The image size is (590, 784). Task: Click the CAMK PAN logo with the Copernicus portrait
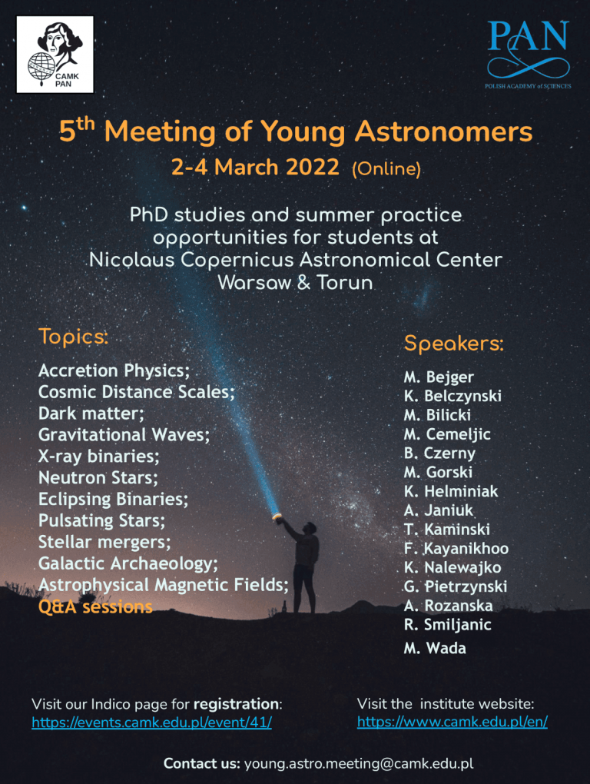pos(55,55)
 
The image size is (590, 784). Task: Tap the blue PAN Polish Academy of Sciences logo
pos(528,55)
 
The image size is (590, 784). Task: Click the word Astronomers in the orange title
pos(443,132)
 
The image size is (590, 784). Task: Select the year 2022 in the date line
pos(312,167)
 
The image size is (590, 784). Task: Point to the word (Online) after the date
pos(386,169)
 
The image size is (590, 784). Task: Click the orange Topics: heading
pos(74,337)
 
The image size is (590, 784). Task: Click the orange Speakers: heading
pos(453,344)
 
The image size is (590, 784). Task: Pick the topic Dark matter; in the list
pos(91,414)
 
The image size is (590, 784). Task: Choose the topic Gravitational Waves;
pos(124,435)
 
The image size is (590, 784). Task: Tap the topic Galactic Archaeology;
pos(128,564)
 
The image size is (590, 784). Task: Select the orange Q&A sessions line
pos(95,607)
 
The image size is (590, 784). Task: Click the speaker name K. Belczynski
pos(452,396)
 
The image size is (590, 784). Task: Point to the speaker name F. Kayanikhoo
pos(456,549)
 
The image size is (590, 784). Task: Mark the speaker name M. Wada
pos(435,648)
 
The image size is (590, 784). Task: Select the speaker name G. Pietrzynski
pos(455,586)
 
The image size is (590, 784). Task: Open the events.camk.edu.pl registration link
pos(152,723)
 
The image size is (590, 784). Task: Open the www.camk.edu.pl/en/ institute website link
pos(452,722)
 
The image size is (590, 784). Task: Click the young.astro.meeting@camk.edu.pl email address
pos(359,764)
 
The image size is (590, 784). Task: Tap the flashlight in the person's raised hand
pos(276,516)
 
